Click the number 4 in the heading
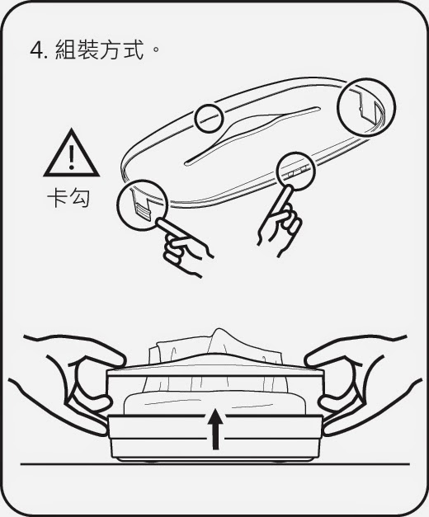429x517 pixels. tap(36, 51)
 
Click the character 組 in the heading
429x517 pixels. tap(66, 49)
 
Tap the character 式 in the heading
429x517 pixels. tap(134, 49)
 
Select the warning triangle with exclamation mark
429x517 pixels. tap(71, 153)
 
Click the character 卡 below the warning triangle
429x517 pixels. tap(58, 198)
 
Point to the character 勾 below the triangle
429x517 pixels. tap(79, 198)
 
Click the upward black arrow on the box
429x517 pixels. tap(215, 429)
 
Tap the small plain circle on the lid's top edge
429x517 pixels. tap(210, 119)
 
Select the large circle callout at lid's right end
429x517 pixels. tap(366, 107)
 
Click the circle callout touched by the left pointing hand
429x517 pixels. tap(142, 205)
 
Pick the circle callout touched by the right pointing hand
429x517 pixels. tap(295, 172)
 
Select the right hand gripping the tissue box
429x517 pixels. tap(363, 379)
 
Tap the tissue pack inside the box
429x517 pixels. tap(214, 403)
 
